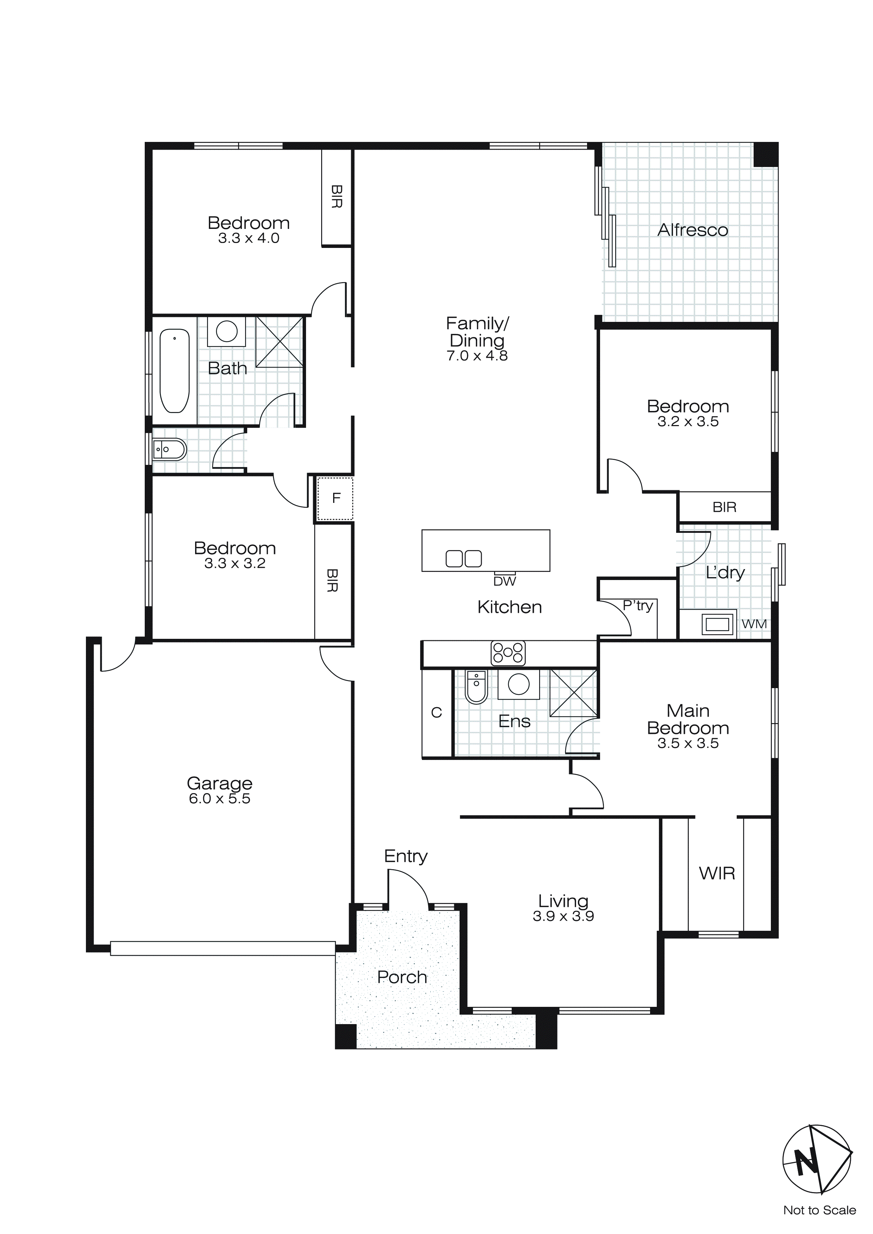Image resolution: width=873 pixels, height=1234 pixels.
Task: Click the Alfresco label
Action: [x=692, y=230]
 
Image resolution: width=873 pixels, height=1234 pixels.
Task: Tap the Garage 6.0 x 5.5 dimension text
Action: [x=219, y=799]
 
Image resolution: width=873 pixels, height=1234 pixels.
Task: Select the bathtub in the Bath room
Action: [x=175, y=371]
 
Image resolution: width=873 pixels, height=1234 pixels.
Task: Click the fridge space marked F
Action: [x=336, y=498]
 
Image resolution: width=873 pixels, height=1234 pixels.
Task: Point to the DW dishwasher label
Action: [x=504, y=581]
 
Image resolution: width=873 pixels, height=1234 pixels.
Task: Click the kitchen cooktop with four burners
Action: [x=507, y=653]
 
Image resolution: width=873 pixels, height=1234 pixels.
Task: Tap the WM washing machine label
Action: [x=754, y=624]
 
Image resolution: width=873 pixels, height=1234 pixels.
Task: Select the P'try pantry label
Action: [x=637, y=606]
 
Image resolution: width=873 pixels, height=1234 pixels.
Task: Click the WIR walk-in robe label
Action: [x=717, y=873]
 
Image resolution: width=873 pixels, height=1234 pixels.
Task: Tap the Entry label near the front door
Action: [x=405, y=856]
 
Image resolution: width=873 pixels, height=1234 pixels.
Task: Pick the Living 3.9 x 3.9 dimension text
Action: [x=563, y=916]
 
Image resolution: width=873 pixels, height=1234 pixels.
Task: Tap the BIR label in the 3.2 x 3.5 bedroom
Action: [x=724, y=507]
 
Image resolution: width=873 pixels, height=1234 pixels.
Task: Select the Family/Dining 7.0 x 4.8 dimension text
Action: [x=477, y=356]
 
